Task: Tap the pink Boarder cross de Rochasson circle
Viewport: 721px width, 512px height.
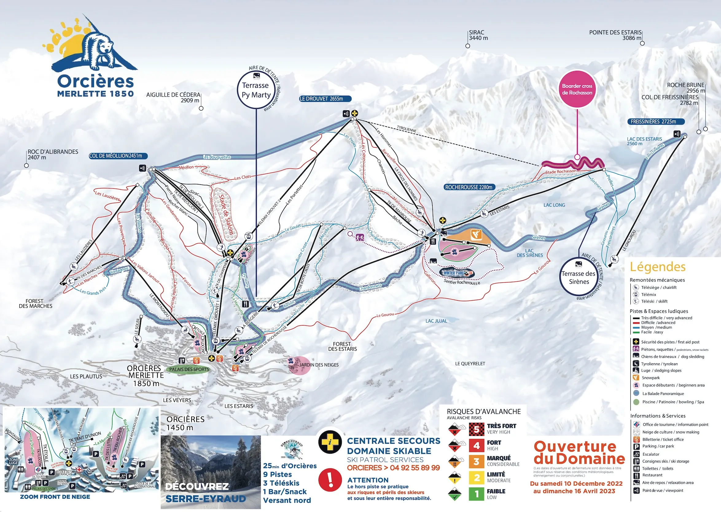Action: (577, 89)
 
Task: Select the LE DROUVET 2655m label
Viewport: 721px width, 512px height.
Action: (325, 99)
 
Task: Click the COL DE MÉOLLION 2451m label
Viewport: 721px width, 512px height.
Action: (118, 156)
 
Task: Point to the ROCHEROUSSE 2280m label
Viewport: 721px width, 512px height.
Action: (469, 187)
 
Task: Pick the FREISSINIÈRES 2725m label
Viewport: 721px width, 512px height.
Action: (656, 121)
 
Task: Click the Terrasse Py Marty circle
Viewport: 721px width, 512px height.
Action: (256, 90)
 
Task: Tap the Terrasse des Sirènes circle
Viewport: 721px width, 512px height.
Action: (579, 277)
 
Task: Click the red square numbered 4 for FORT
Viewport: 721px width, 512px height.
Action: (477, 445)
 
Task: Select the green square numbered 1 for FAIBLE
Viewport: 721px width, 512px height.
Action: (477, 494)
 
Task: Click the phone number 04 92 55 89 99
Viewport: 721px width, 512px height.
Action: (415, 468)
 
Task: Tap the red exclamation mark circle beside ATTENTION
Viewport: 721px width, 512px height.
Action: (330, 480)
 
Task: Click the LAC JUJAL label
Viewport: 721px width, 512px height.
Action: (436, 321)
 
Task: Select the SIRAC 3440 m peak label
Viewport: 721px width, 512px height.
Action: (478, 35)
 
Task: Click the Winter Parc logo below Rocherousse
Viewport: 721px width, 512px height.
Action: (457, 273)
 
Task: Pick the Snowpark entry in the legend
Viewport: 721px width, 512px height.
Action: (650, 378)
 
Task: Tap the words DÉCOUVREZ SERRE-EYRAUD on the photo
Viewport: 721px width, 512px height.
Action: (205, 492)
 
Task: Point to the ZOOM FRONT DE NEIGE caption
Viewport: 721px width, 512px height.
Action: (55, 497)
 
